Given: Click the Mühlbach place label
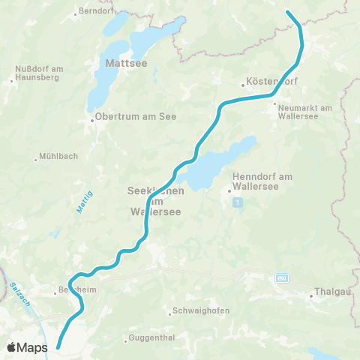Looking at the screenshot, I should (54, 158).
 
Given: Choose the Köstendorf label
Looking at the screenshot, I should (264, 84).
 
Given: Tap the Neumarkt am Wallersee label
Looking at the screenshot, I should (304, 112).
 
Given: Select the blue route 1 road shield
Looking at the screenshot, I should (238, 202).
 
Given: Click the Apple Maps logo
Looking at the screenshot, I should (27, 347).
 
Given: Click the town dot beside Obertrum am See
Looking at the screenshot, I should (91, 120).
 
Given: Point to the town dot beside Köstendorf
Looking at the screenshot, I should (243, 84).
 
